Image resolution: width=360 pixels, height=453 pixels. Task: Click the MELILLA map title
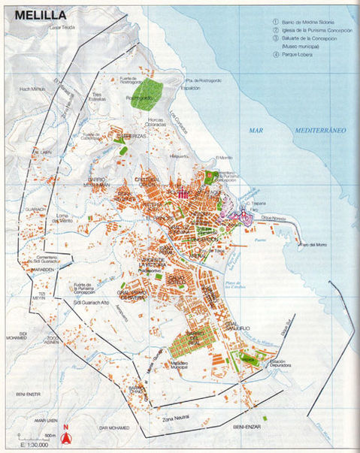(x=35, y=14)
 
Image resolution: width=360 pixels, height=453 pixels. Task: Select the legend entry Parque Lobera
(x=301, y=53)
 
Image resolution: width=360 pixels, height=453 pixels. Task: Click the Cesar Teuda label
(x=64, y=28)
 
